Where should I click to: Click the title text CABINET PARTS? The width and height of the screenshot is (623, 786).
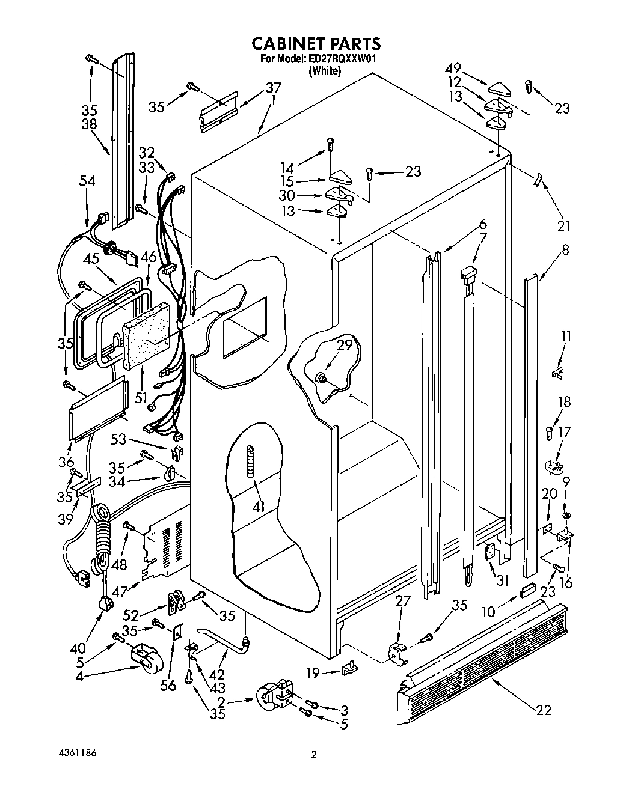tap(315, 43)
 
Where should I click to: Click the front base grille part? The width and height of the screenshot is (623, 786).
tap(481, 655)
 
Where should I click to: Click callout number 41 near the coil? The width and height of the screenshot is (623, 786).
tap(259, 507)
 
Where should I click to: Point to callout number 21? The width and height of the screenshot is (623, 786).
tap(563, 225)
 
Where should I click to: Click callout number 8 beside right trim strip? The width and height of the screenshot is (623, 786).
tap(566, 248)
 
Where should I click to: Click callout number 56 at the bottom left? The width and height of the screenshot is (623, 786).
tap(170, 684)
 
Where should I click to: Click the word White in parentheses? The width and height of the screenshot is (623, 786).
tap(325, 70)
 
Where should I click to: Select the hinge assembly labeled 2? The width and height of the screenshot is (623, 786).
tap(275, 701)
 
